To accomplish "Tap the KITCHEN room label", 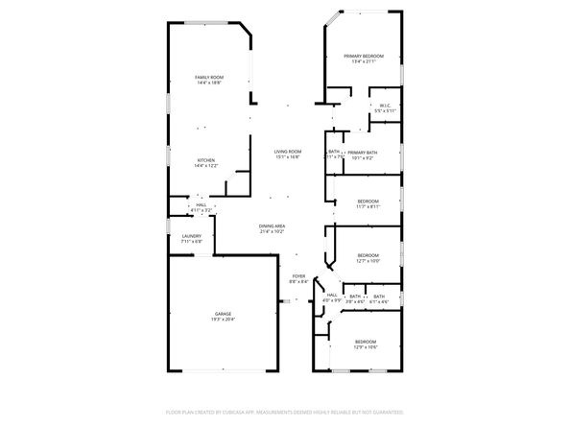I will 206,160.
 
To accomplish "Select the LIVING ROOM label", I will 288,152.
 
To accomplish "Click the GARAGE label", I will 223,314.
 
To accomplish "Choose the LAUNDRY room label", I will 191,236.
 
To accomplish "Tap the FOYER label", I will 298,276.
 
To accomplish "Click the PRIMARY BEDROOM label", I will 364,57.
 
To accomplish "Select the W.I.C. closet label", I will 384,106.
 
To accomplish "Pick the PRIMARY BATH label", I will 362,153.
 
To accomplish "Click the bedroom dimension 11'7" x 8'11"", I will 368,206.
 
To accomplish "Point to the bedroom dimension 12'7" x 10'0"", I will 368,260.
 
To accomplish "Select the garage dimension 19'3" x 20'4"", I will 223,320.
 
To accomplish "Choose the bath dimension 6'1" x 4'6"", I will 378,301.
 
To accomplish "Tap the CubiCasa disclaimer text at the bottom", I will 285,411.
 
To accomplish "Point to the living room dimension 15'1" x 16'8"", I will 288,157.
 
